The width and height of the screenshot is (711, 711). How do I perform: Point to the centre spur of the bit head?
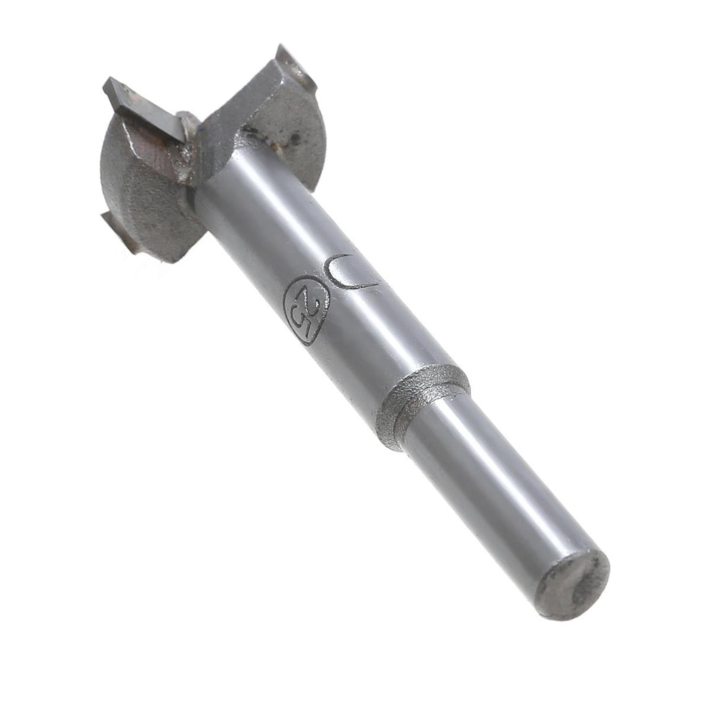click(x=187, y=122)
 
